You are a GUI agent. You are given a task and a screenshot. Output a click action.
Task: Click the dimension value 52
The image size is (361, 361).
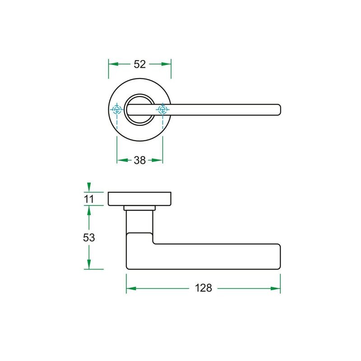point(140,64)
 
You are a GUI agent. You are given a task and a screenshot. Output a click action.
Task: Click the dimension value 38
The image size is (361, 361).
point(140,160)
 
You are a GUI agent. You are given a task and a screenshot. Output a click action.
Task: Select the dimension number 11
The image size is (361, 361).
point(89,199)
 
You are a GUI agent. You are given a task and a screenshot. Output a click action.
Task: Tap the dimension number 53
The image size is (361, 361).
point(89,237)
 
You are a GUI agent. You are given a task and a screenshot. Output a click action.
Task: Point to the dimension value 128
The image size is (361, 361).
point(204,288)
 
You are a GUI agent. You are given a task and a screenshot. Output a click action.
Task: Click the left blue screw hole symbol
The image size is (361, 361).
point(117,110)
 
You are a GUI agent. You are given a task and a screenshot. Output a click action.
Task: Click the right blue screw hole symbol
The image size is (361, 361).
point(163,110)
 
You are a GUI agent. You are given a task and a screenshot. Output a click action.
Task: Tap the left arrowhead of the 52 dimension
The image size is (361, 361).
point(113,64)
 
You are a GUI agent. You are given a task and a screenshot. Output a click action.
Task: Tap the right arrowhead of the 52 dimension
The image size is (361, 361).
point(166,64)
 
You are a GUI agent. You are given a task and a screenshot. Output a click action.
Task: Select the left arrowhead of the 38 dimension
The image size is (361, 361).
point(122,160)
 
